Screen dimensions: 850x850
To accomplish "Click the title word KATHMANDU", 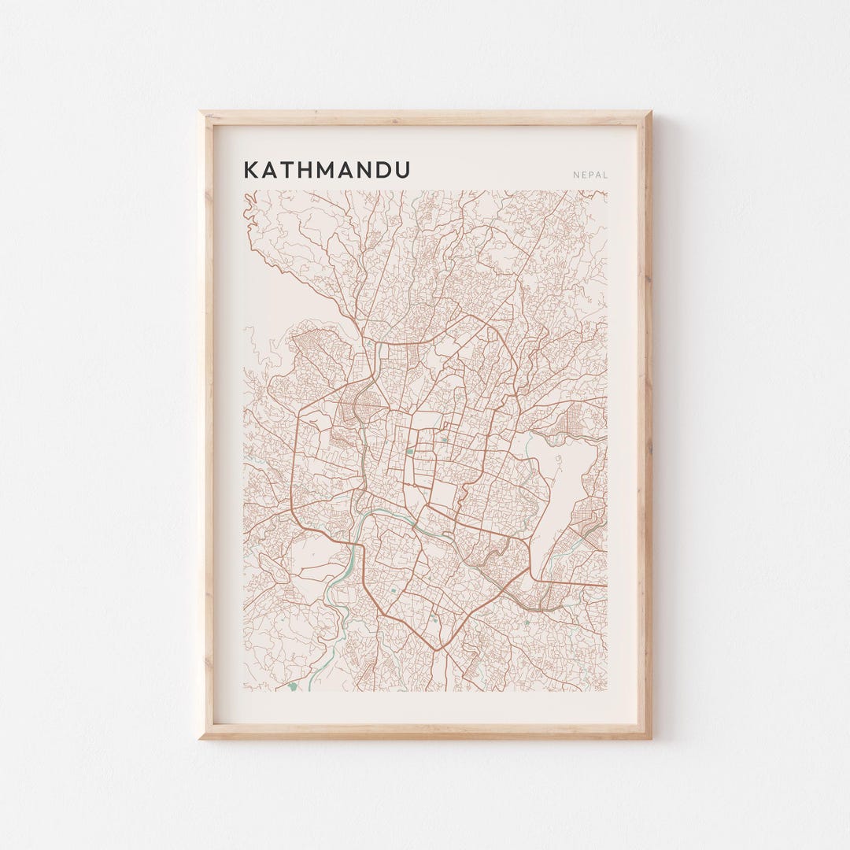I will (x=327, y=170).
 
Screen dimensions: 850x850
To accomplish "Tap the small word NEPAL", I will (x=590, y=175).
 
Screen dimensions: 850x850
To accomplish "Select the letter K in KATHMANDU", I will (x=250, y=170).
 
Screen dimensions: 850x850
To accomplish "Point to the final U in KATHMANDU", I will (x=402, y=170).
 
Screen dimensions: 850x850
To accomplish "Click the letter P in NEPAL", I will (x=590, y=175).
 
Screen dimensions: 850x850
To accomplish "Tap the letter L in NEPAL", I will (x=605, y=175).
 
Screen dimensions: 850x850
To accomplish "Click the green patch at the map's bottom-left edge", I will (x=294, y=686).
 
